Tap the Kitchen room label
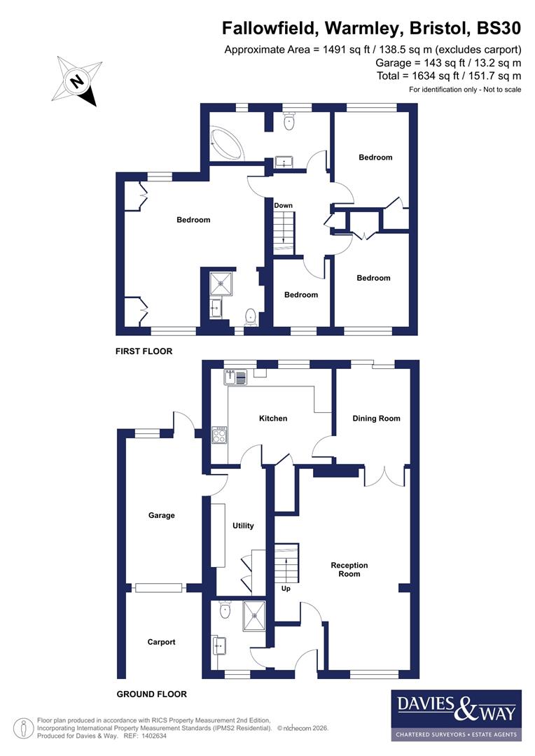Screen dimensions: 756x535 click(x=273, y=419)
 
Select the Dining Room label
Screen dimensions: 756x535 click(x=376, y=419)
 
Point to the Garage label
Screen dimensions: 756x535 click(x=161, y=515)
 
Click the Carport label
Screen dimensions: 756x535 click(x=161, y=642)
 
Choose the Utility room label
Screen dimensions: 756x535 click(x=243, y=526)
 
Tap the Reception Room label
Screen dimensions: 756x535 click(x=349, y=569)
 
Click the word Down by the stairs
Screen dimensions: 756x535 click(x=284, y=206)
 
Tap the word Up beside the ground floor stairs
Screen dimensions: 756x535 click(x=286, y=589)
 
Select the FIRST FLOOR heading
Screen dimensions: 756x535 click(x=144, y=351)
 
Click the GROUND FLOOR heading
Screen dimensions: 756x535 click(x=151, y=694)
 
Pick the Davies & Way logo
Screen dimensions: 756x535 click(x=455, y=715)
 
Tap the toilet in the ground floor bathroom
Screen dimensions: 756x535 click(x=224, y=611)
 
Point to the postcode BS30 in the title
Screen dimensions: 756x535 click(x=499, y=29)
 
